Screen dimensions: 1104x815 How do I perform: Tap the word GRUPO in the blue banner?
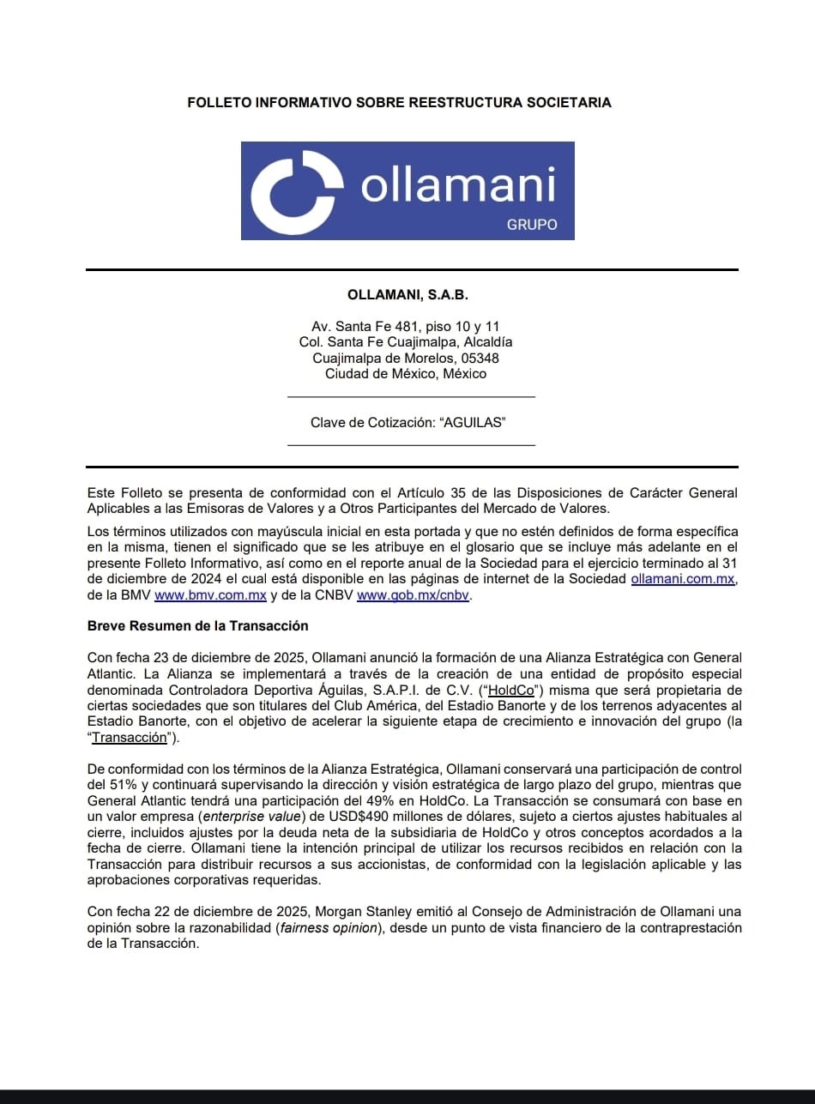tap(532, 225)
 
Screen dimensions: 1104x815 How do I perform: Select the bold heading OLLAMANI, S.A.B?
tap(407, 294)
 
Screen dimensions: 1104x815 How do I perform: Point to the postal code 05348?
tap(482, 358)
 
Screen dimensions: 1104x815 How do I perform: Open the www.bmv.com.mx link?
tap(210, 595)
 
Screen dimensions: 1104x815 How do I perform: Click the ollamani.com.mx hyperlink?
tap(683, 580)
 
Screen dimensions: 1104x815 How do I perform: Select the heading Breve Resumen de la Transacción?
tap(197, 625)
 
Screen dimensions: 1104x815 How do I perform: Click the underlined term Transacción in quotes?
tap(129, 737)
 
